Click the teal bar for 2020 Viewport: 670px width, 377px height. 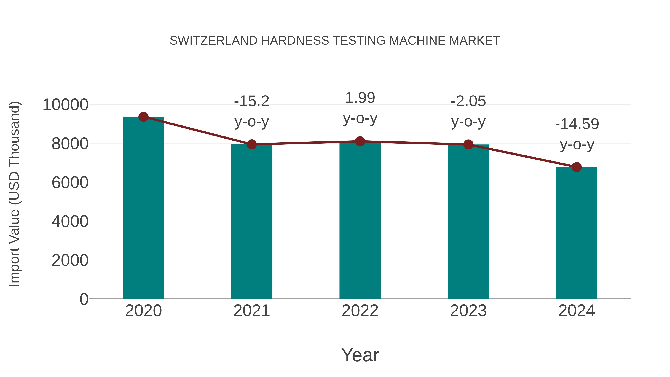point(143,208)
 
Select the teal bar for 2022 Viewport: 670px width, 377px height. point(360,221)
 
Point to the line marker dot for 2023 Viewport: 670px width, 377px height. point(468,144)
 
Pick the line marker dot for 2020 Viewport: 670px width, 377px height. point(143,117)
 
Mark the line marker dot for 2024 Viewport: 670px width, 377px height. point(577,167)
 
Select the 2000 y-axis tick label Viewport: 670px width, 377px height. point(70,260)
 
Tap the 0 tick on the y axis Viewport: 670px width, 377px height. point(84,299)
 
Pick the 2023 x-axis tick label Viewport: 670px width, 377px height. point(468,311)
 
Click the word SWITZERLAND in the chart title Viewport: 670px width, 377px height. point(213,41)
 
